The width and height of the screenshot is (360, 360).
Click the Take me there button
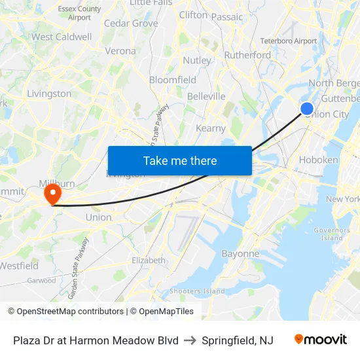pyautogui.click(x=180, y=160)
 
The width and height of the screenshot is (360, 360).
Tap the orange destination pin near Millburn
pyautogui.click(x=52, y=194)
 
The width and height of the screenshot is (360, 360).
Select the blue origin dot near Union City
pyautogui.click(x=306, y=109)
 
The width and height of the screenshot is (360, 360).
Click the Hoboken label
pyautogui.click(x=318, y=160)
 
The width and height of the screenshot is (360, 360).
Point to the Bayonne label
pyautogui.click(x=240, y=253)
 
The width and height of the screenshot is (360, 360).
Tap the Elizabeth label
pyautogui.click(x=149, y=260)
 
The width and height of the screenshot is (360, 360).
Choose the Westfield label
pyautogui.click(x=18, y=266)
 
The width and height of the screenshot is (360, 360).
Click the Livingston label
pyautogui.click(x=49, y=94)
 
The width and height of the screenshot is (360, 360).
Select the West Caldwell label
pyautogui.click(x=62, y=37)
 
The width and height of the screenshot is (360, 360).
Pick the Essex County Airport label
pyautogui.click(x=79, y=13)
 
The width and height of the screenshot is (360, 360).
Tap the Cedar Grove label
pyautogui.click(x=131, y=23)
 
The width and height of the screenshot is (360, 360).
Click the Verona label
pyautogui.click(x=120, y=50)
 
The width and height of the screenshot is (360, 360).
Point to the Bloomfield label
pyautogui.click(x=173, y=80)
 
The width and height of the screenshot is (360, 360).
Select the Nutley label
pyautogui.click(x=197, y=60)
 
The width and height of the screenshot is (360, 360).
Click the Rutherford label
pyautogui.click(x=247, y=55)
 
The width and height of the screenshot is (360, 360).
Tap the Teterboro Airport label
pyautogui.click(x=288, y=41)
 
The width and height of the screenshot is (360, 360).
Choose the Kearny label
pyautogui.click(x=211, y=128)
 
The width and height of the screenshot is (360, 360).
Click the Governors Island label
pyautogui.click(x=332, y=234)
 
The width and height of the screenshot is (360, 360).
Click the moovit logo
pyautogui.click(x=320, y=340)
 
